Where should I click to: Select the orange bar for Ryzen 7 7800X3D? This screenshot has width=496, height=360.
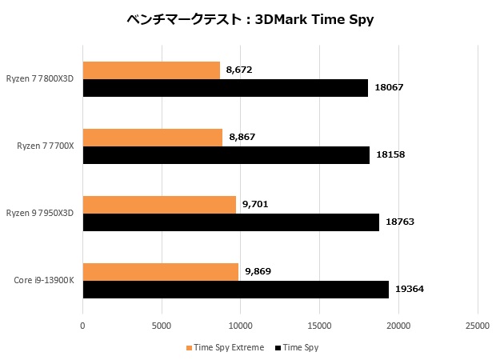(x=151, y=70)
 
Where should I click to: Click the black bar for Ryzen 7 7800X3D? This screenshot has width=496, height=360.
(x=225, y=88)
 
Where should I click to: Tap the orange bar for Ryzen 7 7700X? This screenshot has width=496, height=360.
(x=153, y=138)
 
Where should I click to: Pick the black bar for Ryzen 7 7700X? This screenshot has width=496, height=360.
(x=226, y=155)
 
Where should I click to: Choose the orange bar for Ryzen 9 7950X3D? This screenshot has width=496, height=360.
(x=159, y=205)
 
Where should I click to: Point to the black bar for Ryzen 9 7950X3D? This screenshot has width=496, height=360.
(x=230, y=222)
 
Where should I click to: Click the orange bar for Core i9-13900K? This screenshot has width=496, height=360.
(x=160, y=272)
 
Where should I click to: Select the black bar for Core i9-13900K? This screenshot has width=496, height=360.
(x=235, y=290)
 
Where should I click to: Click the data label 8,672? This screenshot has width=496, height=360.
(x=239, y=70)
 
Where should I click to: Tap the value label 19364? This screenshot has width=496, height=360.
(x=410, y=289)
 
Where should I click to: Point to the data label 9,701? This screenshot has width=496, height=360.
(x=254, y=205)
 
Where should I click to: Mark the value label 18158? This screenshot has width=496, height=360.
(x=390, y=154)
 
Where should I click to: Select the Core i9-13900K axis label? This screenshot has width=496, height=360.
(x=46, y=280)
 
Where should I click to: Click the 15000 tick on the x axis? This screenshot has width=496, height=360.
(x=319, y=326)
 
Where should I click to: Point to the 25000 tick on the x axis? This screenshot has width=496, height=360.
(x=478, y=326)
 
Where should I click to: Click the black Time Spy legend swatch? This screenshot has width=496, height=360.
(x=278, y=348)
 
